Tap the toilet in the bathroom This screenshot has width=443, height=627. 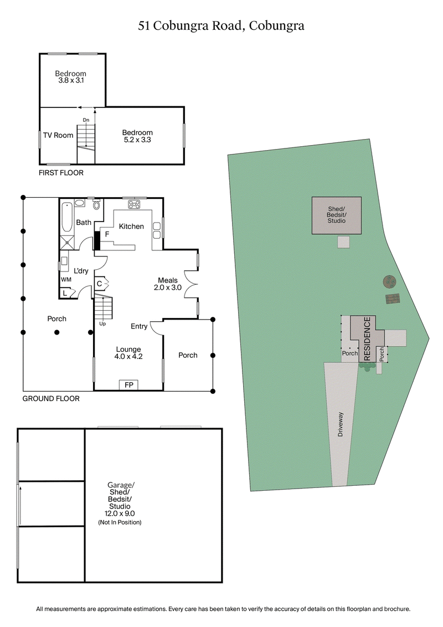click(x=97, y=205)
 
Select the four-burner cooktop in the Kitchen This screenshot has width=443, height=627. click(x=135, y=204)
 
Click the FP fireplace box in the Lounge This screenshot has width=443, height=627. click(x=128, y=385)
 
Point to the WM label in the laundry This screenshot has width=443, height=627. click(x=66, y=280)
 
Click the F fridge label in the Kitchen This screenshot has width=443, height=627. click(x=107, y=235)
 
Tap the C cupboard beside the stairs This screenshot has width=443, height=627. click(x=99, y=284)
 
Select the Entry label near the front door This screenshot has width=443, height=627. click(x=139, y=326)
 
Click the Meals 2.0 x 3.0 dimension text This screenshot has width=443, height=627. click(x=168, y=287)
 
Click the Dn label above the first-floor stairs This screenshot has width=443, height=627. click(x=86, y=120)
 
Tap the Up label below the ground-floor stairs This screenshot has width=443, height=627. click(x=102, y=323)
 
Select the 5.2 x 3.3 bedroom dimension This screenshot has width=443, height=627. click(x=137, y=140)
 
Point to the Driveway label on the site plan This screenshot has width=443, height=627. click(x=341, y=425)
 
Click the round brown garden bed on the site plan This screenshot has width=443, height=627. click(x=390, y=282)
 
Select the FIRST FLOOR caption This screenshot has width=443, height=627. click(x=61, y=173)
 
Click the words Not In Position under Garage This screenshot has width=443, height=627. click(x=120, y=522)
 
